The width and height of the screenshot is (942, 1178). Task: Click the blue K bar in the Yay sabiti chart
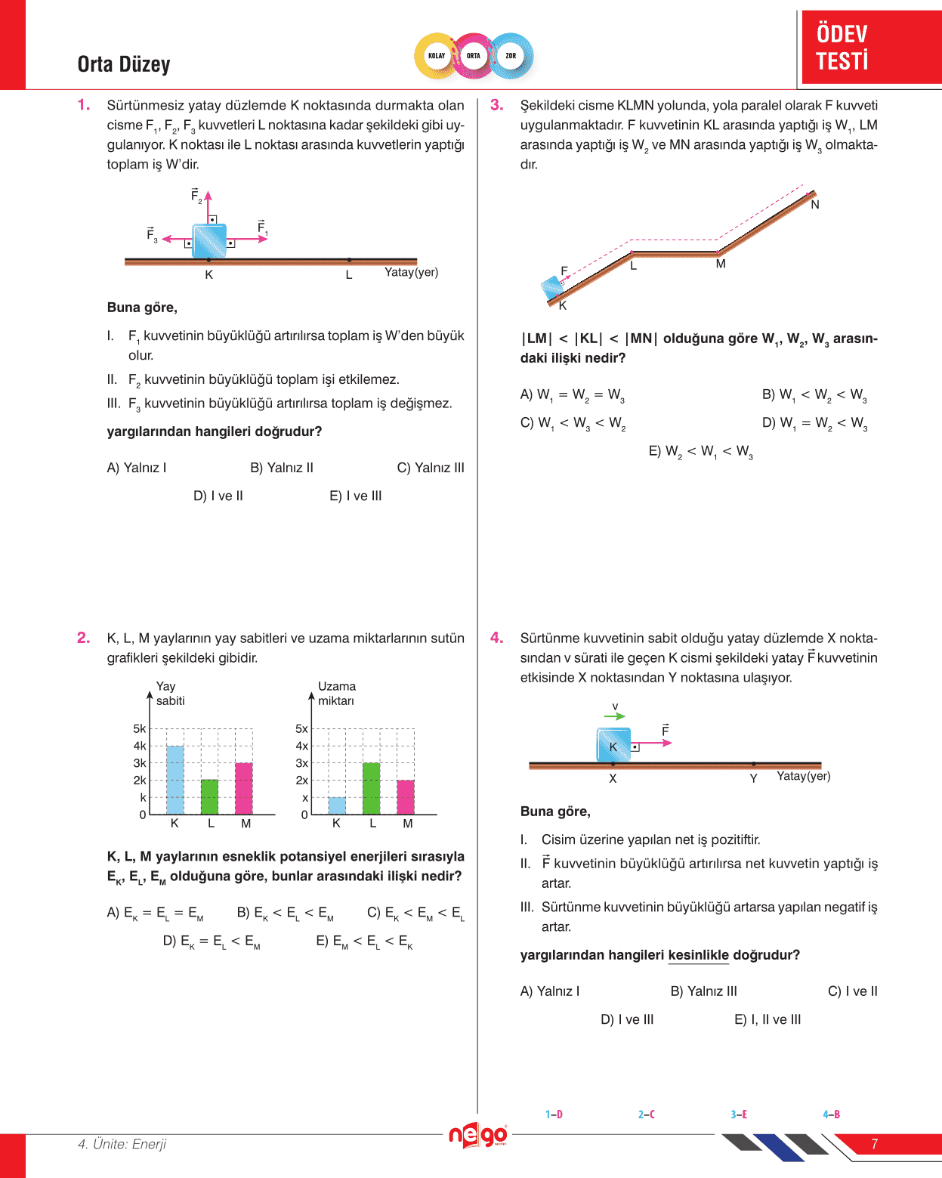tap(175, 780)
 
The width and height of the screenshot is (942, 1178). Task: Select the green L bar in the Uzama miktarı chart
tap(372, 788)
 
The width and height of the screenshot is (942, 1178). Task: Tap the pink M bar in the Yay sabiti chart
tap(244, 788)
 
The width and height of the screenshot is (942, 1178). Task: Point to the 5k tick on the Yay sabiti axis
tap(140, 728)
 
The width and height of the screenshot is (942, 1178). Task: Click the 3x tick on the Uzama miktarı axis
tap(302, 763)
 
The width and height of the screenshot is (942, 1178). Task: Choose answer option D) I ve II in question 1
tap(218, 496)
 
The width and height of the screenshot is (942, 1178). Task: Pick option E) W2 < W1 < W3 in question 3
tap(700, 452)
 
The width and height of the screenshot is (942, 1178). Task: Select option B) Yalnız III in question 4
tap(703, 991)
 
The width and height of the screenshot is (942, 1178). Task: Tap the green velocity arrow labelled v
tap(615, 716)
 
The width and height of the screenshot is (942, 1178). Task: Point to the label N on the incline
tap(815, 205)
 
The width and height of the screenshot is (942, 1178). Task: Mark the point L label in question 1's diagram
tap(349, 275)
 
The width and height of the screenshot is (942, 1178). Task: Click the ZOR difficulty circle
tap(511, 56)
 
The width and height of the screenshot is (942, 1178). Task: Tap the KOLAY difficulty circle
tap(437, 56)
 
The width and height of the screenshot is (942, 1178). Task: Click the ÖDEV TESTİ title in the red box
tap(842, 47)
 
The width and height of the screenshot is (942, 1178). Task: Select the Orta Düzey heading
tap(124, 64)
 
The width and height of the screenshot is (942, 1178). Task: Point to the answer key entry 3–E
tap(739, 1115)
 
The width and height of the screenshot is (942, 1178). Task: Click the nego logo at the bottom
tap(477, 1135)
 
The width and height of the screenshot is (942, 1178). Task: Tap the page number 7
tap(874, 1144)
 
